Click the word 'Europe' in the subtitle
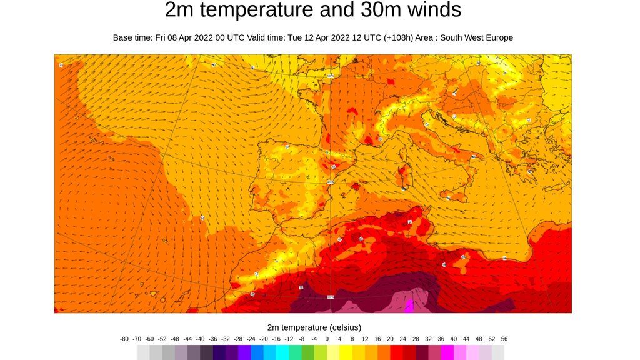tap(496, 37)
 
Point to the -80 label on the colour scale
tap(124, 339)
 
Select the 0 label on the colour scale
tap(327, 339)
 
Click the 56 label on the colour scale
tap(504, 339)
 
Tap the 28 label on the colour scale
tap(416, 339)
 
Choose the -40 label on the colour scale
tap(200, 339)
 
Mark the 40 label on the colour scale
tap(454, 339)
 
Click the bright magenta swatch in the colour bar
tap(447, 352)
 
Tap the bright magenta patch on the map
tap(409, 306)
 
